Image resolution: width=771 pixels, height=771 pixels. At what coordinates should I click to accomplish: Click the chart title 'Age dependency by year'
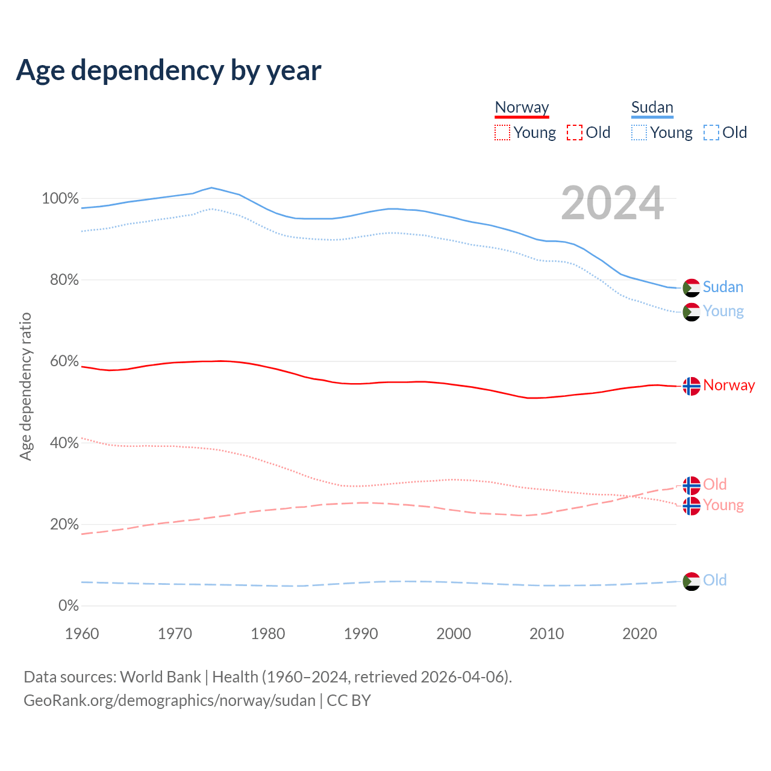pos(169,70)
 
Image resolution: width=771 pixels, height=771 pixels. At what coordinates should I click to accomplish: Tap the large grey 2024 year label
pos(612,204)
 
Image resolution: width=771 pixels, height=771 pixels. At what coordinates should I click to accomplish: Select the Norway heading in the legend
pos(522,108)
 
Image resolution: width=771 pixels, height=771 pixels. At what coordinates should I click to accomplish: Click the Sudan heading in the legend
pos(652,108)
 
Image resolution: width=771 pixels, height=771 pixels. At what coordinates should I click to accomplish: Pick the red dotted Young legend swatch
pos(502,133)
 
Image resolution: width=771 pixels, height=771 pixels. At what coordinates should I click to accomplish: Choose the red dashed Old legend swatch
pos(575,133)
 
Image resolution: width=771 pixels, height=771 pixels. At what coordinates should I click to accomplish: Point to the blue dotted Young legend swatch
pos(639,133)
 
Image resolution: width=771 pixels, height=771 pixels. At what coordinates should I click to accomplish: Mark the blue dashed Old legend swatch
pos(711,133)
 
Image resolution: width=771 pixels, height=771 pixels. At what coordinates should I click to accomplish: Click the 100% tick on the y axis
pos(60,199)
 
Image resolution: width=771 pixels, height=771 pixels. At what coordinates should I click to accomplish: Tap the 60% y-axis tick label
pos(64,361)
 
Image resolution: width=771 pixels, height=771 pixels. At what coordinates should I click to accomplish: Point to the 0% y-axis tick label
pos(69,606)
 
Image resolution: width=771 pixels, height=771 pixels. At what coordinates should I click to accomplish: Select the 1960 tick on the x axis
pos(82,634)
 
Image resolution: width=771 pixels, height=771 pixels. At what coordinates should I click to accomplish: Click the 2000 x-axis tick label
pos(454,634)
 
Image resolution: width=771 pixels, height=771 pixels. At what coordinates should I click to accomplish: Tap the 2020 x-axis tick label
pos(640,634)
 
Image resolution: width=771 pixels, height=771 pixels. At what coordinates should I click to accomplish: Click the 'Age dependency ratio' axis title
pos(25,386)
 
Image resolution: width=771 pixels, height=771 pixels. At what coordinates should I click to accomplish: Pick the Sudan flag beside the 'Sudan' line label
pos(691,288)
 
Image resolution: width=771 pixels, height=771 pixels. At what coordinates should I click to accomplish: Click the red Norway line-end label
pos(729,385)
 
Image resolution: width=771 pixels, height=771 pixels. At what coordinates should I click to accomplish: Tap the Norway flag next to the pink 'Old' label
pos(691,485)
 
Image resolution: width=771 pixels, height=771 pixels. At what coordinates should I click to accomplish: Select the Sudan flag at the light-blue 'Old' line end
pos(691,581)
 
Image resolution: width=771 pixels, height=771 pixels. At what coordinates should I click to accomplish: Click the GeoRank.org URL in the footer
pos(169,701)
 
